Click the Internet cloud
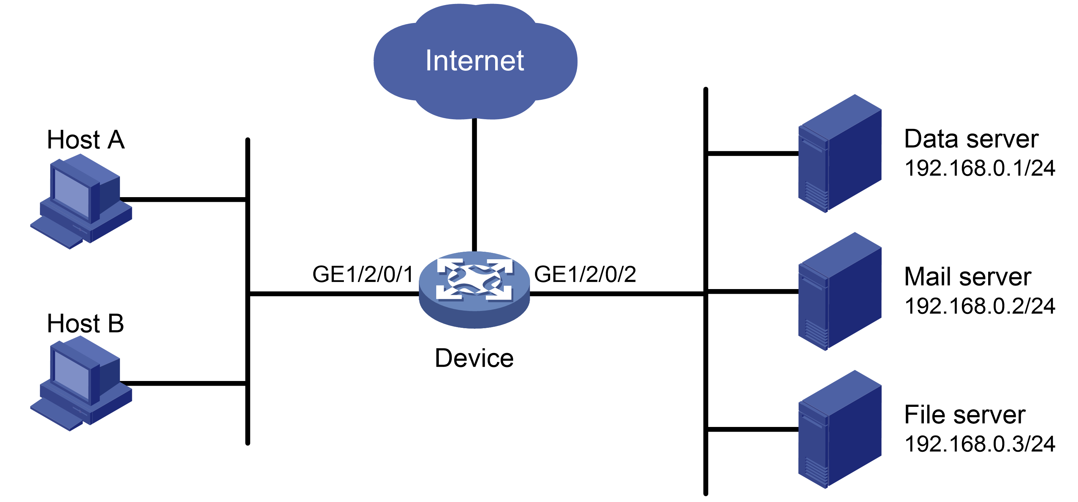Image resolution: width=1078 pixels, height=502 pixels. pyautogui.click(x=475, y=61)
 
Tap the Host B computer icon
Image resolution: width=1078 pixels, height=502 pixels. pyautogui.click(x=81, y=383)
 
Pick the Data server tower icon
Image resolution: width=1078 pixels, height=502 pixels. pyautogui.click(x=840, y=154)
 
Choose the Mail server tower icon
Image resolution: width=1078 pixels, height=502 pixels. pyautogui.click(x=840, y=292)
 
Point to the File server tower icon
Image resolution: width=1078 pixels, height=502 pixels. pyautogui.click(x=840, y=429)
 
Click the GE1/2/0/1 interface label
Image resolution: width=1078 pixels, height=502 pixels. pyautogui.click(x=363, y=274)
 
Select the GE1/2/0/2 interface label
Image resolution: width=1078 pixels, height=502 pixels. pyautogui.click(x=585, y=274)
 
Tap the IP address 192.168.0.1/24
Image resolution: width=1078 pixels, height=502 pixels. pyautogui.click(x=980, y=168)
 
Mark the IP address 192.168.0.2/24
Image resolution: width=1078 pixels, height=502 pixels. pyautogui.click(x=980, y=306)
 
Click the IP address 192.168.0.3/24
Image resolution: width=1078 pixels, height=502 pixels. pyautogui.click(x=980, y=444)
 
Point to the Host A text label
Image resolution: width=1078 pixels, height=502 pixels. pyautogui.click(x=86, y=139)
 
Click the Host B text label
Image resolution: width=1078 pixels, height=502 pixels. pyautogui.click(x=86, y=324)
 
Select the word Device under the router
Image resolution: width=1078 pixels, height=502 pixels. pyautogui.click(x=474, y=358)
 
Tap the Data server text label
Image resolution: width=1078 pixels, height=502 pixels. pyautogui.click(x=971, y=139)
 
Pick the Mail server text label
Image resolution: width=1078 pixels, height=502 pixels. pyautogui.click(x=968, y=277)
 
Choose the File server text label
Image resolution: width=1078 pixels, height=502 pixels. pyautogui.click(x=964, y=415)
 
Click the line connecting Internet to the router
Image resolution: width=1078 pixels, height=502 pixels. pyautogui.click(x=475, y=185)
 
